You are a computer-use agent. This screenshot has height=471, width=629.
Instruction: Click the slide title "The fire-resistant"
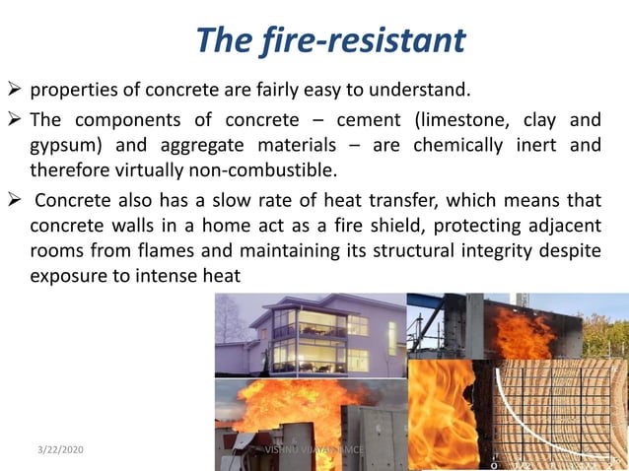tap(329, 40)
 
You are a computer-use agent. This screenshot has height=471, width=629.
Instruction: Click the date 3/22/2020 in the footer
tap(57, 449)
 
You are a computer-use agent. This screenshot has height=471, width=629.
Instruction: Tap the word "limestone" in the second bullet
tap(465, 121)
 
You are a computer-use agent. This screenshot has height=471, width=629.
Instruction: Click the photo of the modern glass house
tap(310, 335)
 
